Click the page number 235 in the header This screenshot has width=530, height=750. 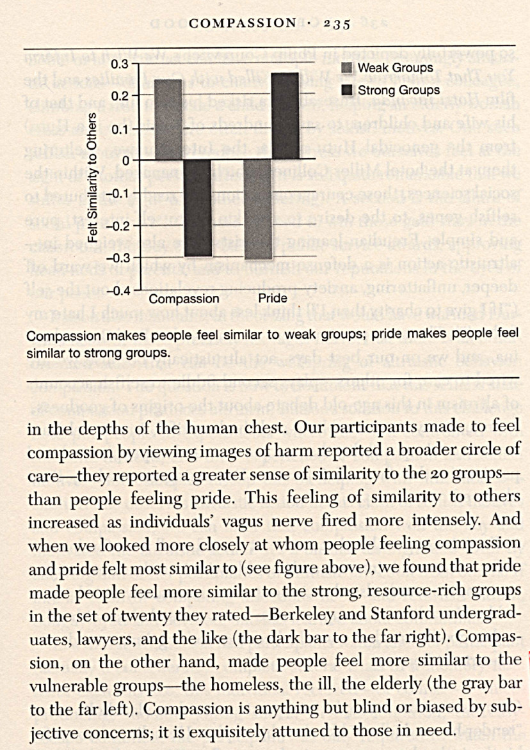(335, 24)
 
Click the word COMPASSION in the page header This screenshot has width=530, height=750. (244, 24)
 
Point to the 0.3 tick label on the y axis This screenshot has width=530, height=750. (120, 65)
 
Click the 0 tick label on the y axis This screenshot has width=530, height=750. (126, 160)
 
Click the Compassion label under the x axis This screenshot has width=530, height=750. (184, 299)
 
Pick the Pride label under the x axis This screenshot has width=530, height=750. (272, 299)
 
